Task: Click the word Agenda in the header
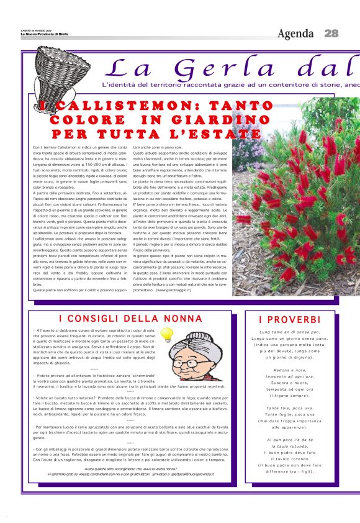click(x=297, y=33)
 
